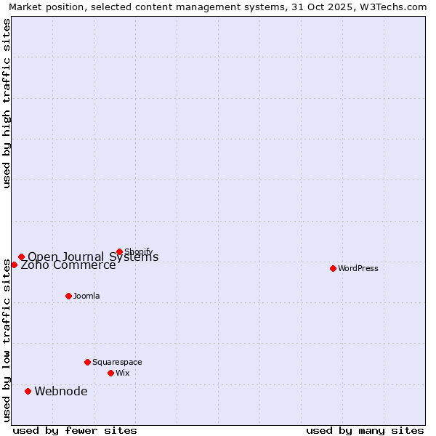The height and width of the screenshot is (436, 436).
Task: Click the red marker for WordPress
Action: [333, 268]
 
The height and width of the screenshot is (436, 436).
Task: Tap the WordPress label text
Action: [358, 268]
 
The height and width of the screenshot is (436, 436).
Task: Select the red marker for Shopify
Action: [119, 251]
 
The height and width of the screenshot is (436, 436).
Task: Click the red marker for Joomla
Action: [68, 296]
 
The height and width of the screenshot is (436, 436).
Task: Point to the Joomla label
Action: [86, 296]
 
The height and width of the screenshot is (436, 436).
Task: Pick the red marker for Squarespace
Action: [87, 362]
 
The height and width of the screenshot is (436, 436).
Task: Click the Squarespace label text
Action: [117, 362]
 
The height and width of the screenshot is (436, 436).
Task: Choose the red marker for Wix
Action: [110, 373]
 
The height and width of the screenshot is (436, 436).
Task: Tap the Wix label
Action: [122, 373]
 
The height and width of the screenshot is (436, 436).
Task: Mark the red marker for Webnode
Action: [28, 391]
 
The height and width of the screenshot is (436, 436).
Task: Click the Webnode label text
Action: [61, 391]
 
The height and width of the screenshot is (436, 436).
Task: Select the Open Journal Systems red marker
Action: [21, 257]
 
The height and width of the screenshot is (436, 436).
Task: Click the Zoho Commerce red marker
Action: [14, 265]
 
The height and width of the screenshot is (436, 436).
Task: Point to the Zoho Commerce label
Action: [68, 265]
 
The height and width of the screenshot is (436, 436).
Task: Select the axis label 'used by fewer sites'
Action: [75, 430]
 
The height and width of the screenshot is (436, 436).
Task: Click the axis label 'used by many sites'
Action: [365, 430]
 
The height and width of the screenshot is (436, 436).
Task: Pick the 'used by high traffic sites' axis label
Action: [7, 103]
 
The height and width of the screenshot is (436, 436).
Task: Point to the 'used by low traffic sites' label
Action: [7, 340]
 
